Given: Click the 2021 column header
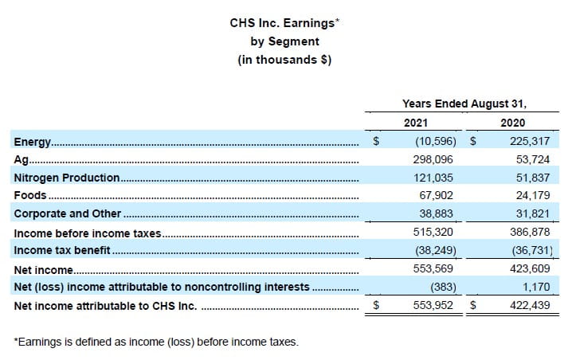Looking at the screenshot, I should pos(416,123).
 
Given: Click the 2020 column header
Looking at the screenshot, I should pos(512,123).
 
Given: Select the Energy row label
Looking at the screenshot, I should pos(33,142).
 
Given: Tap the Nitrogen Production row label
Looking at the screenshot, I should pos(67,178).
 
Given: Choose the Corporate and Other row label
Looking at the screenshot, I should pos(68,213).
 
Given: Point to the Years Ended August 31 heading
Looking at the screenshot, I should pos(464,103).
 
